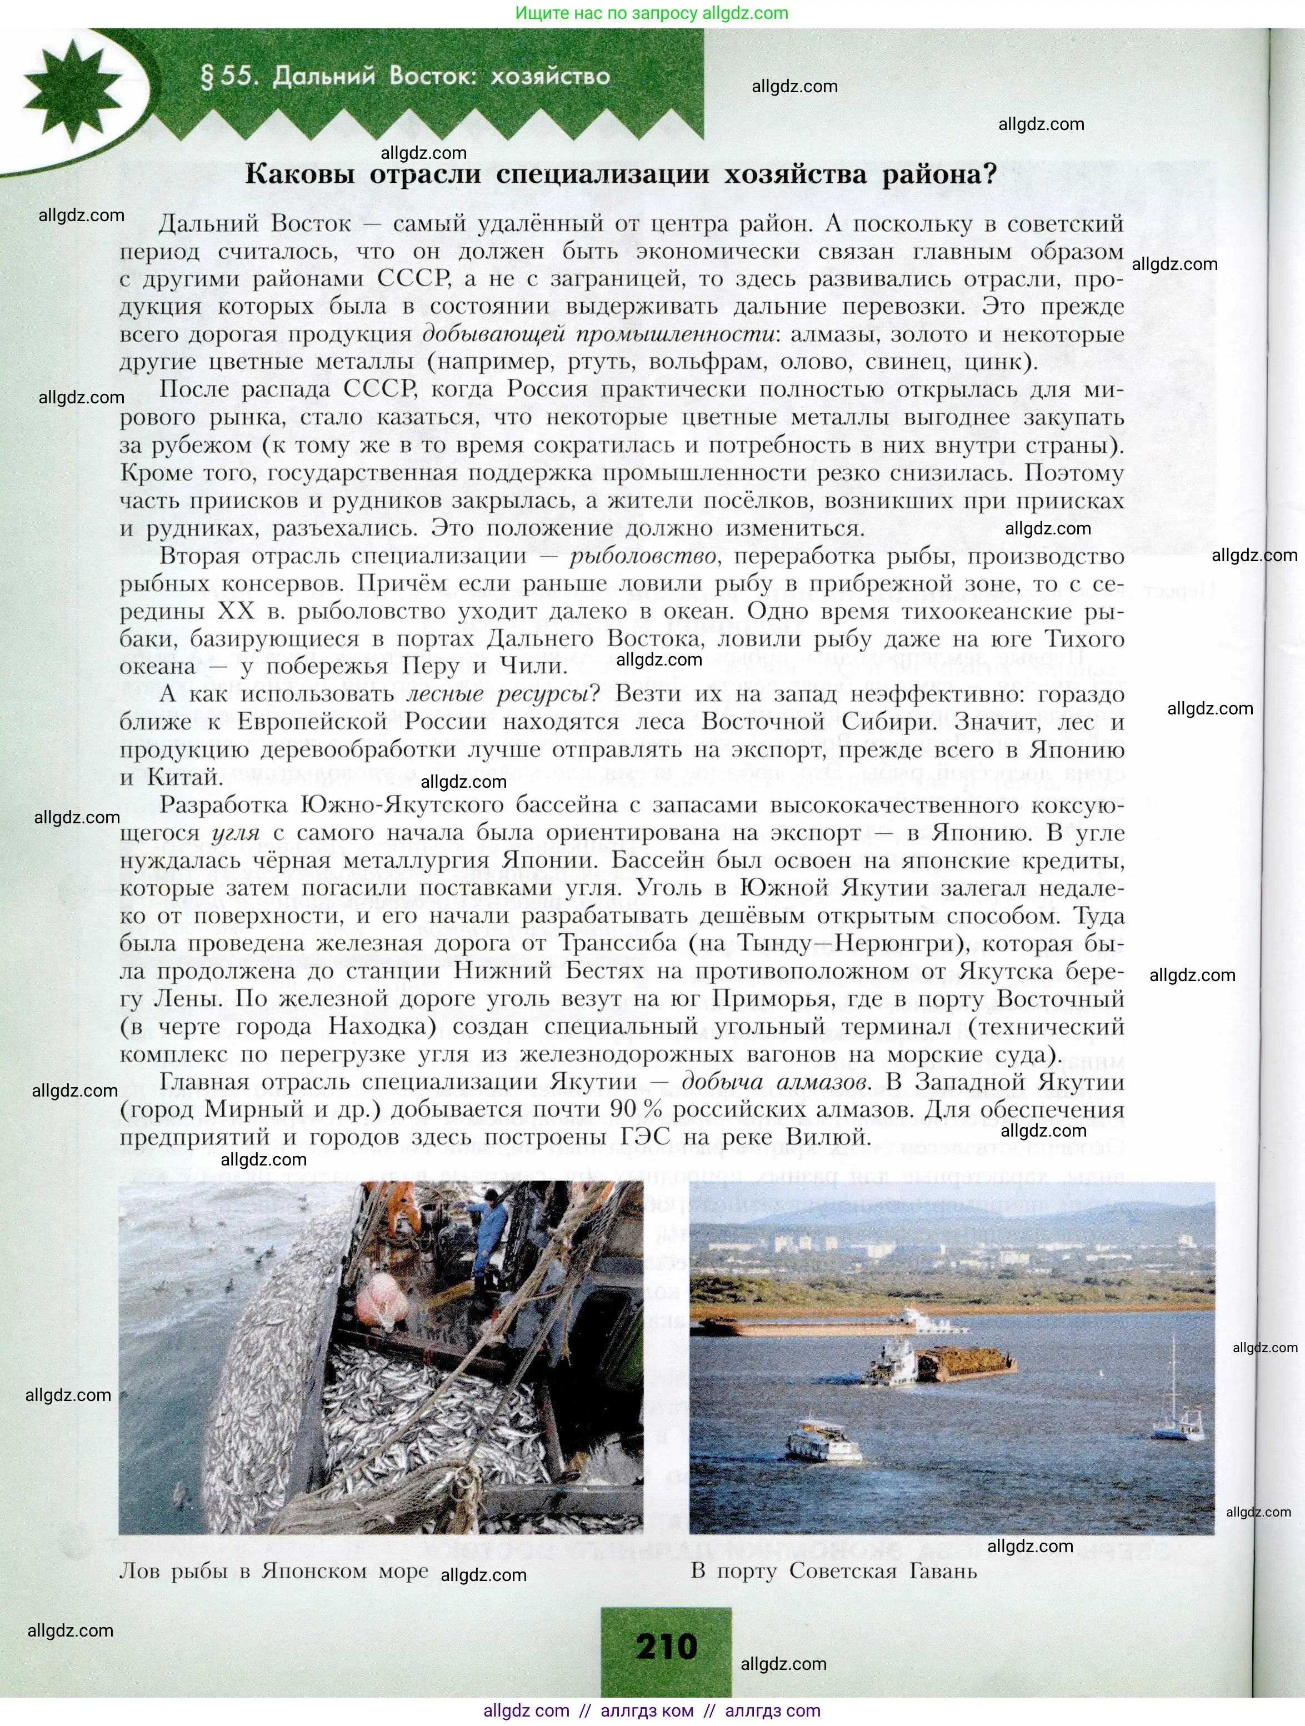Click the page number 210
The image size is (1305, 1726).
point(666,1645)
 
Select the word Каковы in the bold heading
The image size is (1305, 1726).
point(299,173)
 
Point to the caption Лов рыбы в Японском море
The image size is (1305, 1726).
point(273,1570)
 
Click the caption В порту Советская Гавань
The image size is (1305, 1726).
point(833,1570)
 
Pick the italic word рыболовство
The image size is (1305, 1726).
point(642,556)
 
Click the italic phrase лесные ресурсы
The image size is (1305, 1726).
point(497,694)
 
